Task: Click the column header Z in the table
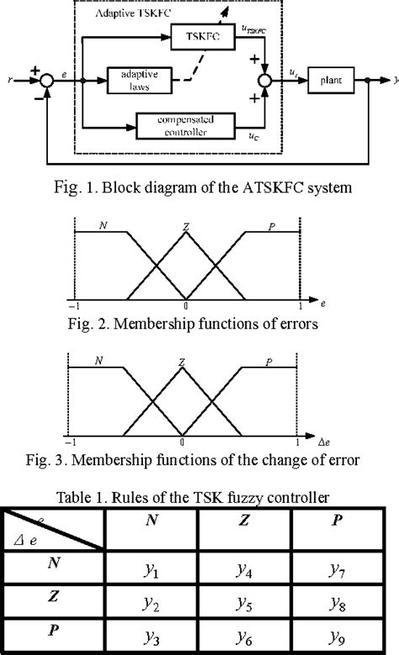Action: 245,520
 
